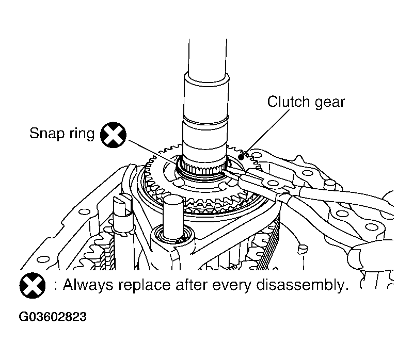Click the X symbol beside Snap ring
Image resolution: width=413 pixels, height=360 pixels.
coord(113,135)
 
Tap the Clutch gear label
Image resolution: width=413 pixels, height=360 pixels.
coord(306,102)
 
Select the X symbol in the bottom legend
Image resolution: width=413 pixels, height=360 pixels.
coord(32,286)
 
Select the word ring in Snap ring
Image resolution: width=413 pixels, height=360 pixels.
coord(81,135)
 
